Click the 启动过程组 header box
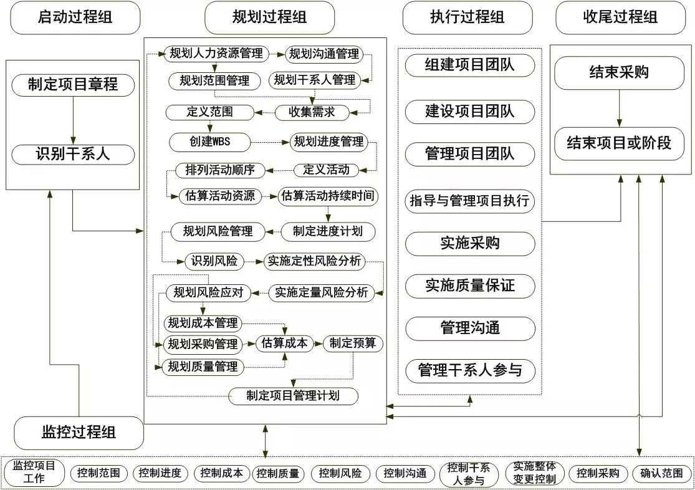coord(75,17)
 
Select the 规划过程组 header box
coord(269,17)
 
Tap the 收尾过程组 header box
coord(621,17)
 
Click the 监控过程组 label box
coord(79,433)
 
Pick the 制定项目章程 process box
coord(73,85)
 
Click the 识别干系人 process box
coord(73,155)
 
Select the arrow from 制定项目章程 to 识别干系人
coord(73,120)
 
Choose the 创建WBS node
coord(209,142)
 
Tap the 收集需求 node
coord(312,112)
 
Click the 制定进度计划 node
coord(328,231)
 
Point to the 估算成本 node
coord(285,343)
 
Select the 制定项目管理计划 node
coord(293,396)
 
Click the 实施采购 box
coord(470,243)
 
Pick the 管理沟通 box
coord(470,328)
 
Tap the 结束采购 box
coord(620,73)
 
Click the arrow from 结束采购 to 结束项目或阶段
coord(620,108)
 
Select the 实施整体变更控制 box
coord(535,473)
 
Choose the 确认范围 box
coord(661,474)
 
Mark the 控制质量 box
coord(278,474)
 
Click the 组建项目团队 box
coord(470,65)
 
